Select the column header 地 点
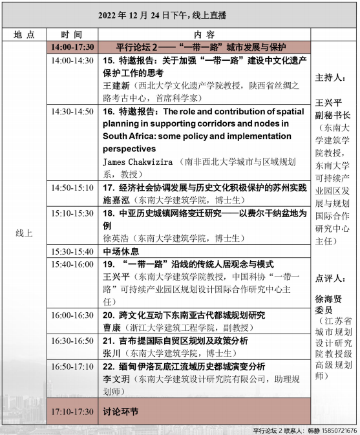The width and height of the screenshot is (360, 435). [25, 34]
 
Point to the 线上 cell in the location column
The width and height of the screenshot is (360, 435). [24, 233]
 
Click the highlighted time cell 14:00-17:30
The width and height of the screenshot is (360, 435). [74, 47]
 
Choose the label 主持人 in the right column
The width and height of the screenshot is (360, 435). [332, 78]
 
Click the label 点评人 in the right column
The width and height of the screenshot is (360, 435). [332, 279]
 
